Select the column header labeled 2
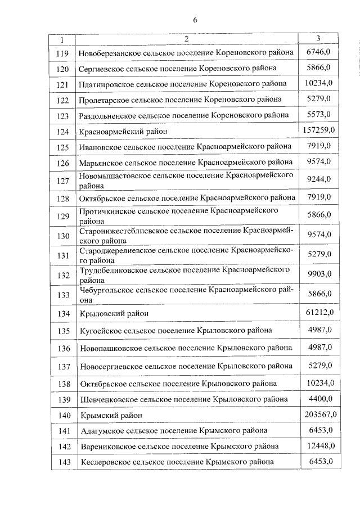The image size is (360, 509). [186, 39]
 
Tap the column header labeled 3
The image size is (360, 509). [318, 39]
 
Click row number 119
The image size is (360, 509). [62, 53]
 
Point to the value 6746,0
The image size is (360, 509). [318, 52]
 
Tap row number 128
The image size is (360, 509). [62, 199]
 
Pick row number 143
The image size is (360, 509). [62, 462]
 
